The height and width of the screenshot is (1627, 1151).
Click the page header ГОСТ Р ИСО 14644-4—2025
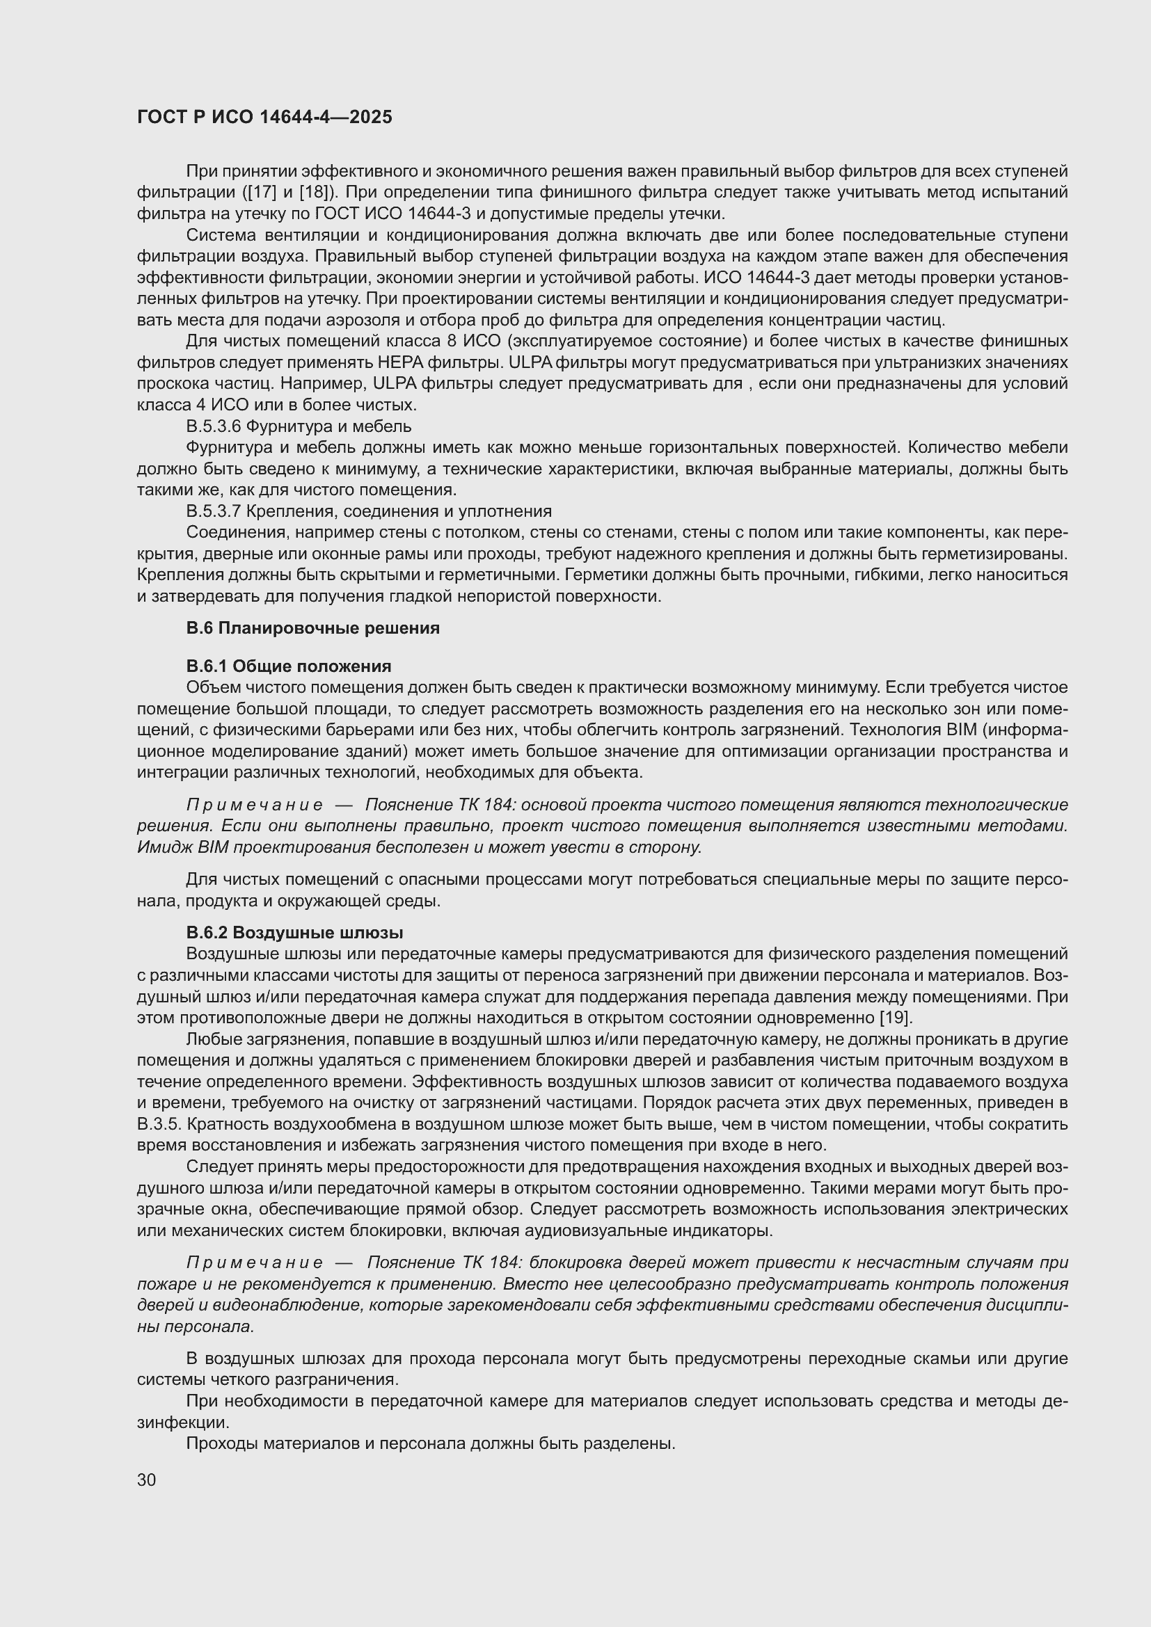click(264, 118)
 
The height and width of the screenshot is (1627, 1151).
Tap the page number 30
click(147, 1480)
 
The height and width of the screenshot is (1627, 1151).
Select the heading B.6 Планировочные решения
click(312, 628)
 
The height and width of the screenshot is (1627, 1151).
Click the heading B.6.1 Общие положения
click(289, 666)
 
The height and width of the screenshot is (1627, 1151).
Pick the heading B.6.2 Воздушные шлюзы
click(294, 933)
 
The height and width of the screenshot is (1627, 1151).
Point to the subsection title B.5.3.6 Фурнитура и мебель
click(299, 426)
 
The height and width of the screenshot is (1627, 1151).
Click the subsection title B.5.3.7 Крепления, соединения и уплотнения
click(369, 512)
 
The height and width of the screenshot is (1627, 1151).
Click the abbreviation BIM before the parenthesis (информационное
click(957, 730)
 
